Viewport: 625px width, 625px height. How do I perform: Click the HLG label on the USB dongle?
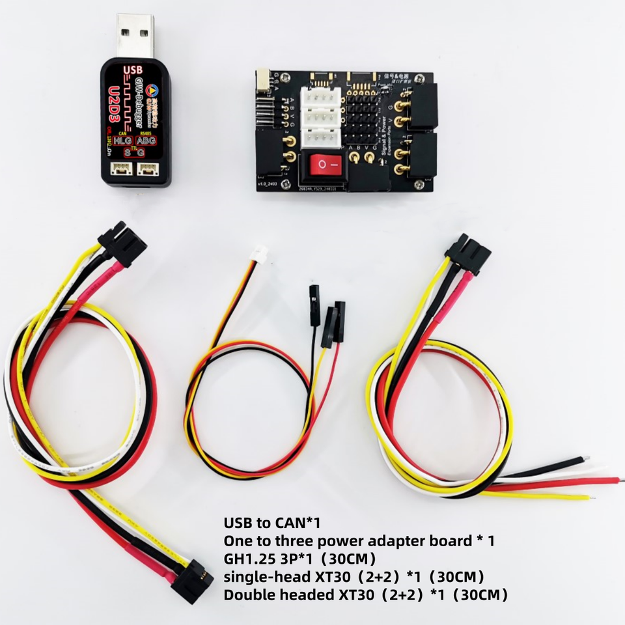(x=122, y=141)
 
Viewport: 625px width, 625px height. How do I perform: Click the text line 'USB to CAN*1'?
(x=273, y=523)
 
